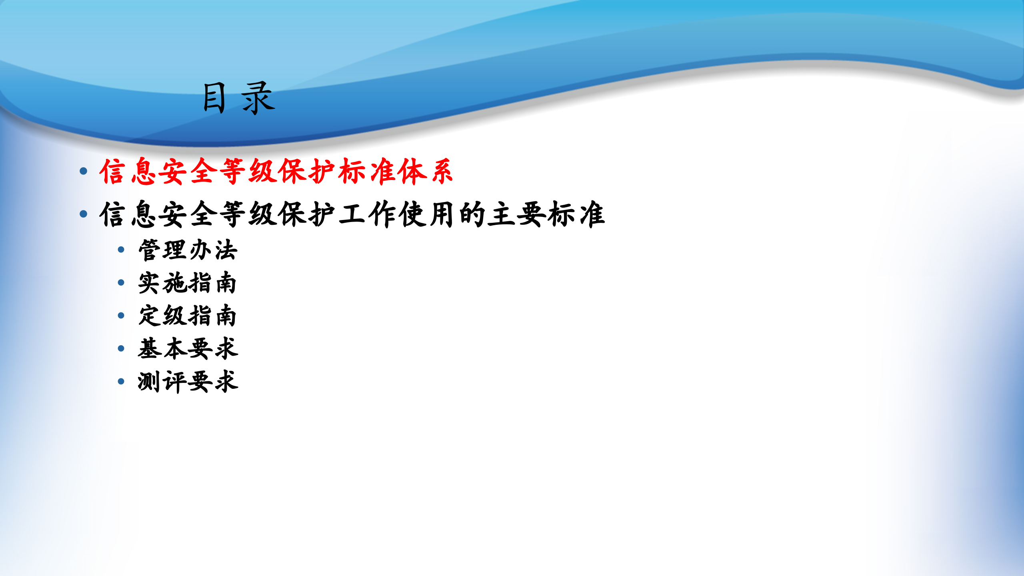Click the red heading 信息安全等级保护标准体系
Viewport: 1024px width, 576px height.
[276, 171]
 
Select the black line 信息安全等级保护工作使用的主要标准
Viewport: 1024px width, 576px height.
[352, 214]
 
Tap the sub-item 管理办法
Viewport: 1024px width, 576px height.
[188, 250]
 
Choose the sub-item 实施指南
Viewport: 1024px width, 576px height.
[187, 283]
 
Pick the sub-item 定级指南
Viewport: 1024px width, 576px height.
[187, 316]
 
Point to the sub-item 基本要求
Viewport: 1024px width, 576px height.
[188, 348]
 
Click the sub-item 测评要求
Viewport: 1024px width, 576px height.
[188, 381]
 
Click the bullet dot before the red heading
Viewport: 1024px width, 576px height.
[84, 171]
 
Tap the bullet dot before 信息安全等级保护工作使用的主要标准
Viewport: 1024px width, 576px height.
[84, 214]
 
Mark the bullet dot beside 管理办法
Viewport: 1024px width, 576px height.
[121, 250]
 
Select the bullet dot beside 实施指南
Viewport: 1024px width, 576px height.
[121, 283]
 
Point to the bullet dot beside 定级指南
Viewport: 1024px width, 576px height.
[121, 316]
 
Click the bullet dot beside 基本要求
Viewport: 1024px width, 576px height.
[121, 348]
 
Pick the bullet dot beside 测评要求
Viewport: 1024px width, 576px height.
[121, 381]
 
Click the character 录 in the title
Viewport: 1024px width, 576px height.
[258, 98]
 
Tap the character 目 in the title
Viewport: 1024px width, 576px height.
[214, 98]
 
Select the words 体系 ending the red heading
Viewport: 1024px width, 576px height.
[425, 171]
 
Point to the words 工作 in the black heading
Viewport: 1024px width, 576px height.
[367, 214]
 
